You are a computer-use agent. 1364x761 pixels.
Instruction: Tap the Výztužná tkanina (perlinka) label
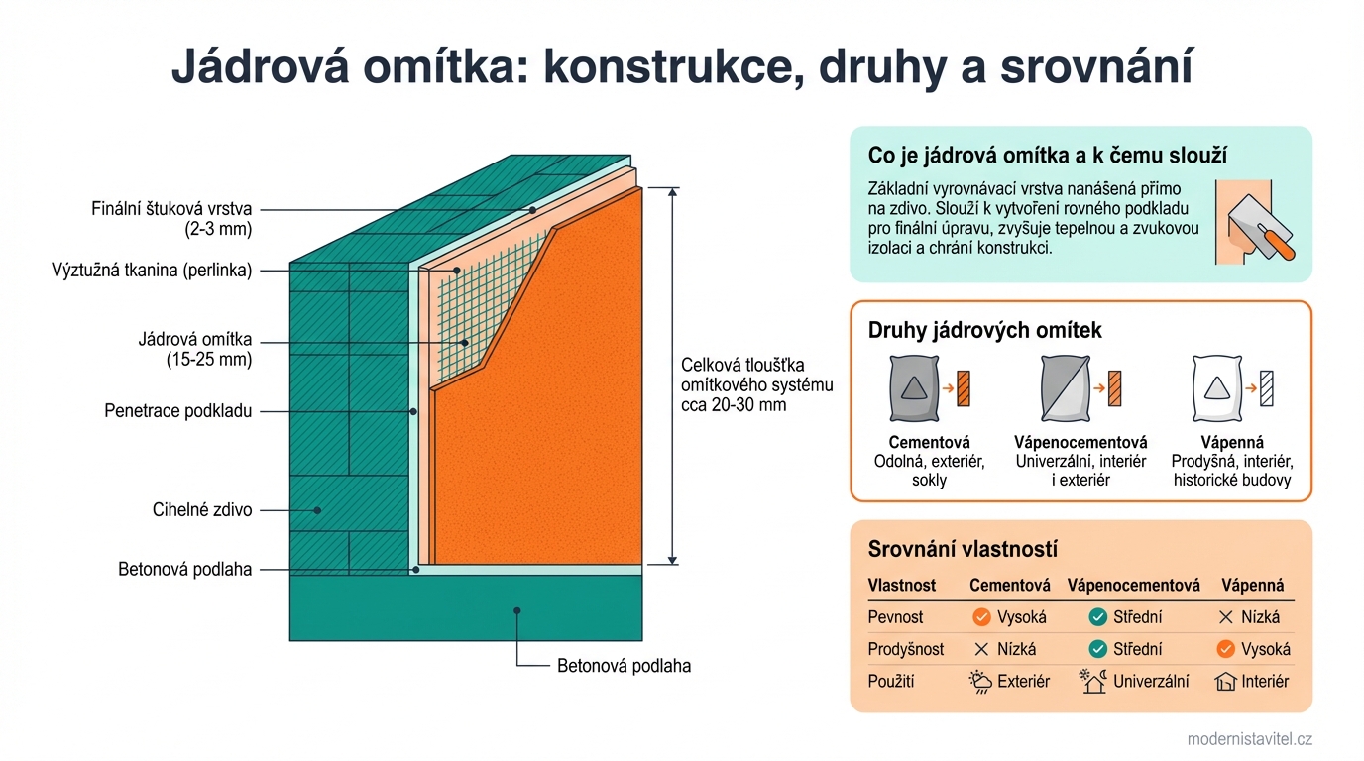pyautogui.click(x=152, y=270)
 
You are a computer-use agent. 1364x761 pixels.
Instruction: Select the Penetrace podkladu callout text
pyautogui.click(x=178, y=410)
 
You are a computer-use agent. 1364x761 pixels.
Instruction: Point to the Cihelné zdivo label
pyautogui.click(x=202, y=510)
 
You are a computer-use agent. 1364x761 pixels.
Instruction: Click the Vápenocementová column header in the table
pyautogui.click(x=1133, y=585)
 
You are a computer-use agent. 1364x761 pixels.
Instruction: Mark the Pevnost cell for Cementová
pyautogui.click(x=1009, y=617)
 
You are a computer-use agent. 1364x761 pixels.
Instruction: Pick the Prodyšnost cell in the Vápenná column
pyautogui.click(x=1252, y=649)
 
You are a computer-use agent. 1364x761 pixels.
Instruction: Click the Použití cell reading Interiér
pyautogui.click(x=1252, y=681)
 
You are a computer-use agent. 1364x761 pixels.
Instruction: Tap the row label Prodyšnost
pyautogui.click(x=906, y=649)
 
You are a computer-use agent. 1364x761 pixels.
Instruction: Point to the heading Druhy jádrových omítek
pyautogui.click(x=984, y=330)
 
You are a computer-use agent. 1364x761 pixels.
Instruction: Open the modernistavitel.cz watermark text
pyautogui.click(x=1249, y=739)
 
